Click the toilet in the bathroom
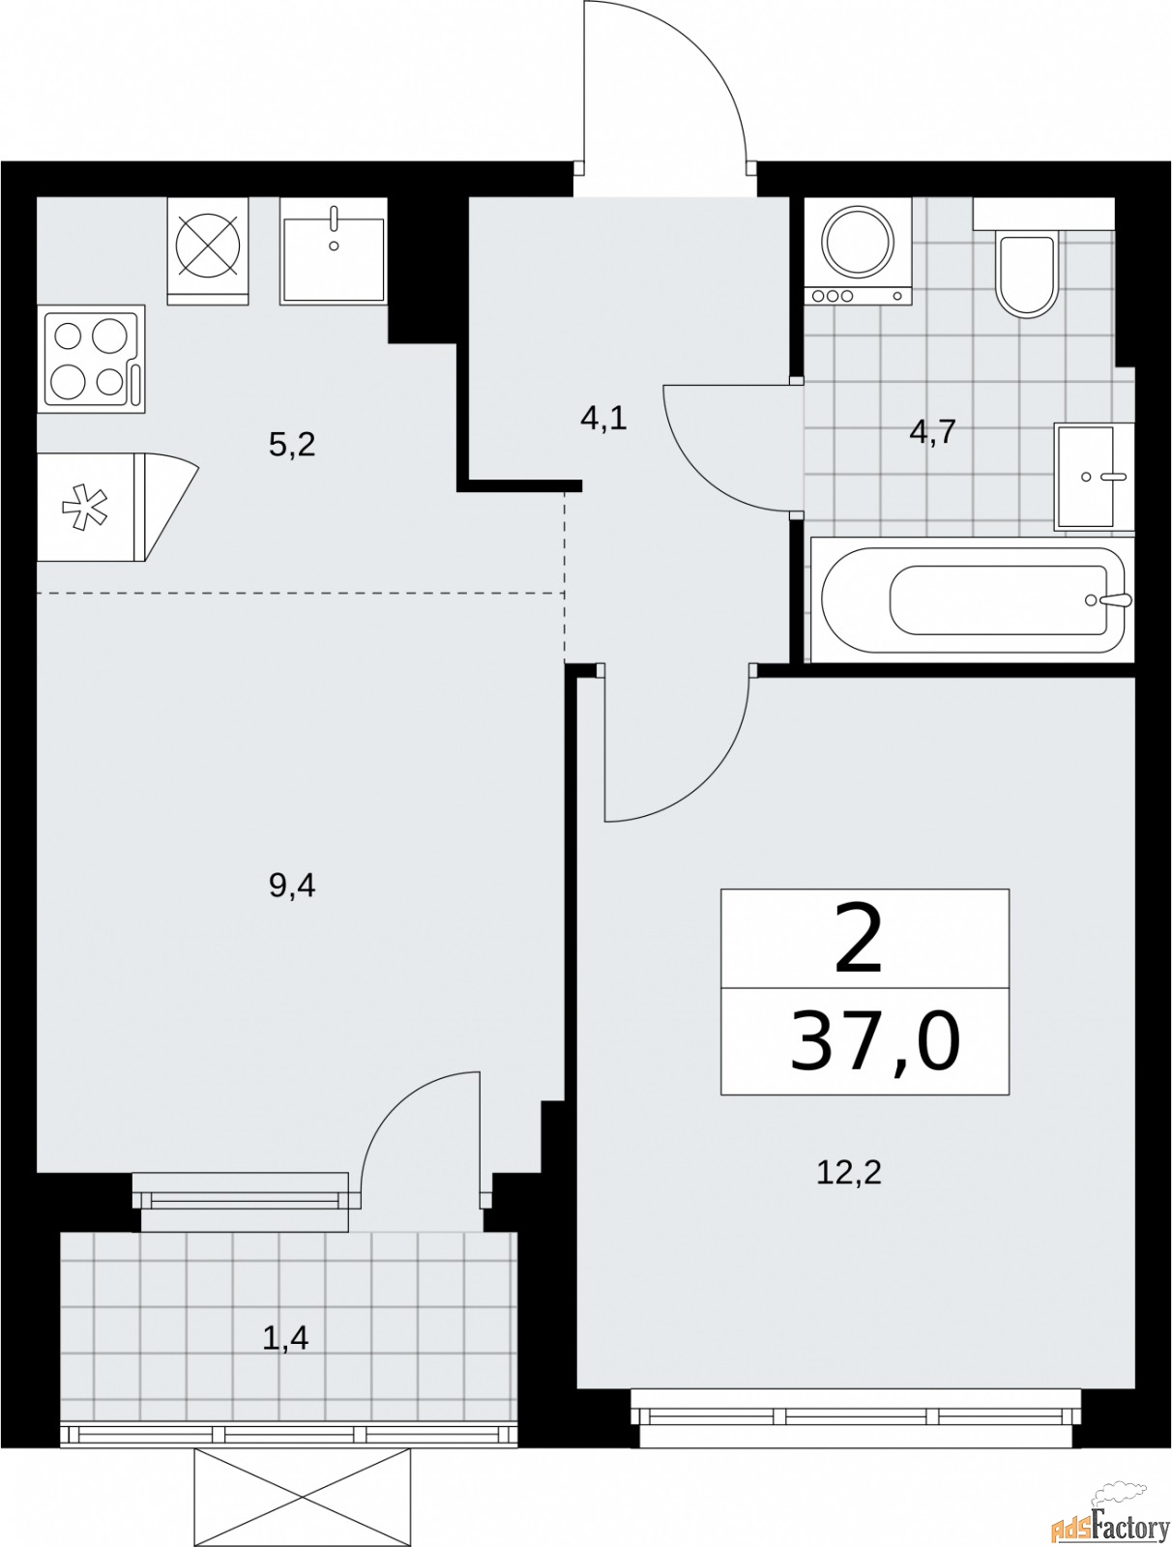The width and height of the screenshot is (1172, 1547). point(1026,274)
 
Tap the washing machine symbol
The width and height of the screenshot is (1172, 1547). point(858,250)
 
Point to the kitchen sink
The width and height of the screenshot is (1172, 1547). point(334,251)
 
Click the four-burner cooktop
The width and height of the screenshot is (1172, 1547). point(91,359)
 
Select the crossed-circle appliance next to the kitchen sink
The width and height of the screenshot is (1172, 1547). point(208,249)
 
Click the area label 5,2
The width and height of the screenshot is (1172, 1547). point(292,446)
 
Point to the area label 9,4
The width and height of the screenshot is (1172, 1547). point(292,885)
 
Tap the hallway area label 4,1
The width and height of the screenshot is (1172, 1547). point(603,419)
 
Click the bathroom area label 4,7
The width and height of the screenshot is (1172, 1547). point(932,431)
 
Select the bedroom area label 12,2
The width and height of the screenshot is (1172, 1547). point(849,1174)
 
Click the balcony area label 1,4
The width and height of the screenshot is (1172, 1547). point(285,1339)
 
